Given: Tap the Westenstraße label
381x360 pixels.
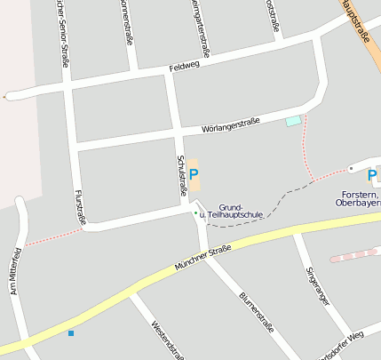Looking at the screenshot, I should coord(167,340).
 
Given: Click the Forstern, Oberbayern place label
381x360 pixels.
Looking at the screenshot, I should coord(361,198).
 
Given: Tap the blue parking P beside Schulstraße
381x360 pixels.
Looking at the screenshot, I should coord(194,174).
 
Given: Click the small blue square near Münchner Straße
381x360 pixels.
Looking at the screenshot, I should coord(71,333).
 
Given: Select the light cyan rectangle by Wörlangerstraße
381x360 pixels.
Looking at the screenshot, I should coord(292,121).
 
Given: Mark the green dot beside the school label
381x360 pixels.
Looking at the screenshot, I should coord(196,213).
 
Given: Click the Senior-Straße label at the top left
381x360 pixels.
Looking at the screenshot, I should coord(61,36).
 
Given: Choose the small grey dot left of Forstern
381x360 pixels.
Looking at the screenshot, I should coord(351,168).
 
